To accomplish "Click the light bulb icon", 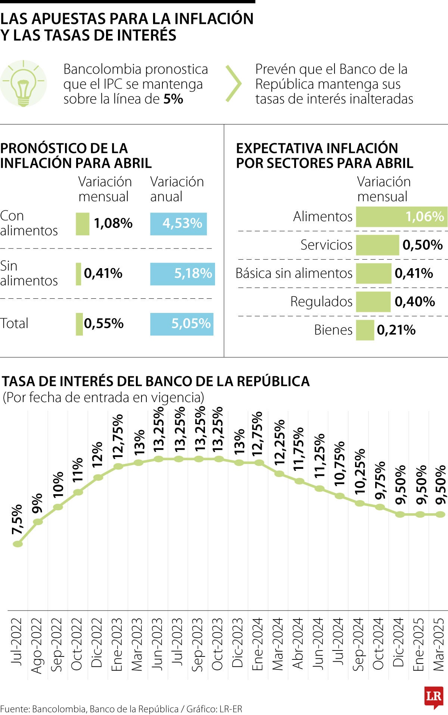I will point(23,84).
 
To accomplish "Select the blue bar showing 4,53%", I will point(178,224).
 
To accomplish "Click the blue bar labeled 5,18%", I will point(183,274).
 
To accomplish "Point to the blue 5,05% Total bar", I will point(182,324).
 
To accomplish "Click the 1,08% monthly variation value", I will point(113,223).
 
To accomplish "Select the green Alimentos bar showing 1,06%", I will point(401,217).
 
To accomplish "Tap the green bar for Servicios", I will point(377,245).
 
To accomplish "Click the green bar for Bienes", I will point(365,330).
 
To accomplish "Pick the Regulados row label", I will point(321,302).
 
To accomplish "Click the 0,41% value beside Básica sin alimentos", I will point(414,273).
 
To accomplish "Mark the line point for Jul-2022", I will point(18,544).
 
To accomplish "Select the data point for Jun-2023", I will point(159,459).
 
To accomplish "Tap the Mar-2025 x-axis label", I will point(439,644).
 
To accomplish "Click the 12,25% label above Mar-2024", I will point(279,442).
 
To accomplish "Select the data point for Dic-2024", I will point(400,514).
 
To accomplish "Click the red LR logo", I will point(434,696).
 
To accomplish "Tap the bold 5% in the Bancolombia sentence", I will point(173,99).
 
